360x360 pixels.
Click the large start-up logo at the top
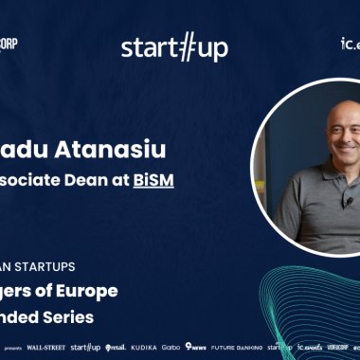[174, 47]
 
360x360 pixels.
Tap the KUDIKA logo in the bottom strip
[144, 348]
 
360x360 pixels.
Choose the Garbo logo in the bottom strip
[171, 348]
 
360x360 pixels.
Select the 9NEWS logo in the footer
[197, 348]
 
